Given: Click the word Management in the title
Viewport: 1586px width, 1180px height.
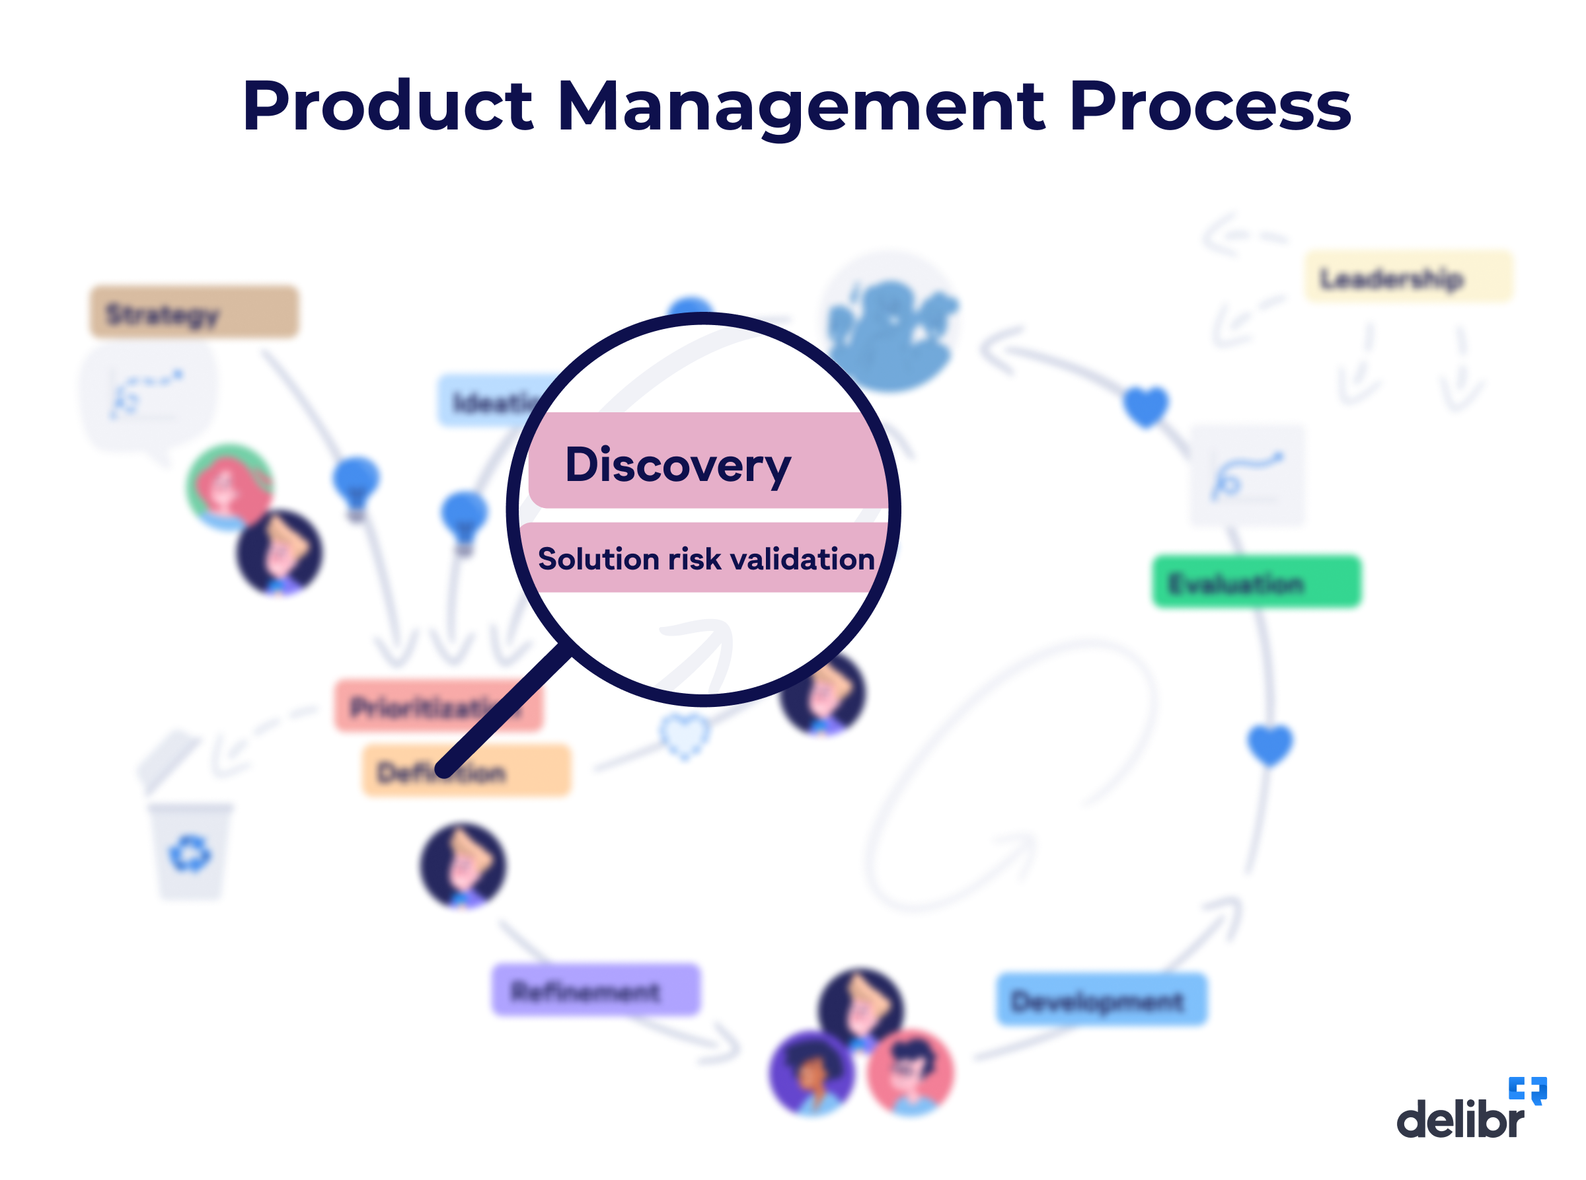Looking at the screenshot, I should click(800, 107).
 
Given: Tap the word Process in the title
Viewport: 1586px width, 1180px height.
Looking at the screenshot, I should click(1209, 107).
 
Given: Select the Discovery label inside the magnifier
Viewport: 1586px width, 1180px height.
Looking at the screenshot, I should click(677, 464).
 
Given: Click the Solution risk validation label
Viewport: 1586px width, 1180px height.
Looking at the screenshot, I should click(706, 558).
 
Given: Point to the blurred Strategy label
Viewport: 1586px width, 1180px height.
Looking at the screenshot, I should click(194, 312).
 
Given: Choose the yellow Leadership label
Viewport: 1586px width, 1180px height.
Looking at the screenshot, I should click(1408, 277).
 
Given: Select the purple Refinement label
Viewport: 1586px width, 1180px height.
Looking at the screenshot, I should click(596, 989).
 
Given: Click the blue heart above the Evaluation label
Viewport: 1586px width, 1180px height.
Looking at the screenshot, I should click(1145, 406).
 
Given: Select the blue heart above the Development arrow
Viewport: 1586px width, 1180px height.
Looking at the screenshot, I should click(1269, 745).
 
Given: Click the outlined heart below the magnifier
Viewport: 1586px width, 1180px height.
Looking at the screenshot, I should click(684, 736).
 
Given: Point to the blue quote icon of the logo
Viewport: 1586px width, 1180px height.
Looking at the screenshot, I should click(1527, 1090).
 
